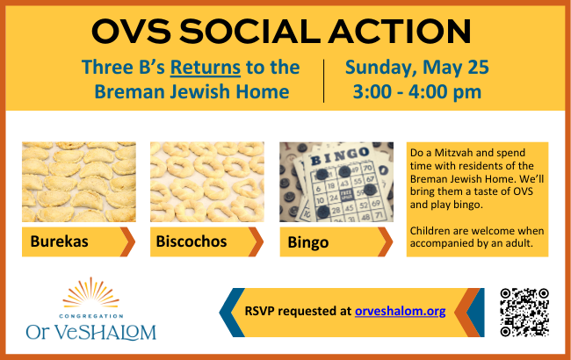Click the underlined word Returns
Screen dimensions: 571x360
pyautogui.click(x=206, y=68)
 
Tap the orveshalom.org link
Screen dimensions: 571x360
pyautogui.click(x=401, y=311)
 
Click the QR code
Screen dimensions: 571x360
pyautogui.click(x=524, y=313)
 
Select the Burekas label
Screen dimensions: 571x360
pyautogui.click(x=59, y=241)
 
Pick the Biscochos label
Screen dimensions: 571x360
pyautogui.click(x=192, y=241)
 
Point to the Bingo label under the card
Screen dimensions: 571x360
pyautogui.click(x=308, y=242)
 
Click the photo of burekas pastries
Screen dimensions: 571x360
pyautogui.click(x=79, y=182)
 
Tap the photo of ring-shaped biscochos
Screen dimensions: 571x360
pyautogui.click(x=207, y=182)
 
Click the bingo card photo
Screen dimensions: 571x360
pyautogui.click(x=336, y=182)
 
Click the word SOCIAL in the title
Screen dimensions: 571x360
pyautogui.click(x=250, y=32)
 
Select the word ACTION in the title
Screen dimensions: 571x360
pyautogui.click(x=401, y=32)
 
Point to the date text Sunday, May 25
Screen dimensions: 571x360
pyautogui.click(x=417, y=68)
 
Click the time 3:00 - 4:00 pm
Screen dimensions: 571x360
pyautogui.click(x=417, y=91)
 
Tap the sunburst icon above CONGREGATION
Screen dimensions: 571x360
pyautogui.click(x=90, y=292)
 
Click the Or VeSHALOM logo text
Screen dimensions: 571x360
pyautogui.click(x=91, y=332)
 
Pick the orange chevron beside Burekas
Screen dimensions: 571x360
pyautogui.click(x=129, y=241)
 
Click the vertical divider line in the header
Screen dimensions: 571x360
pyautogui.click(x=324, y=81)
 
